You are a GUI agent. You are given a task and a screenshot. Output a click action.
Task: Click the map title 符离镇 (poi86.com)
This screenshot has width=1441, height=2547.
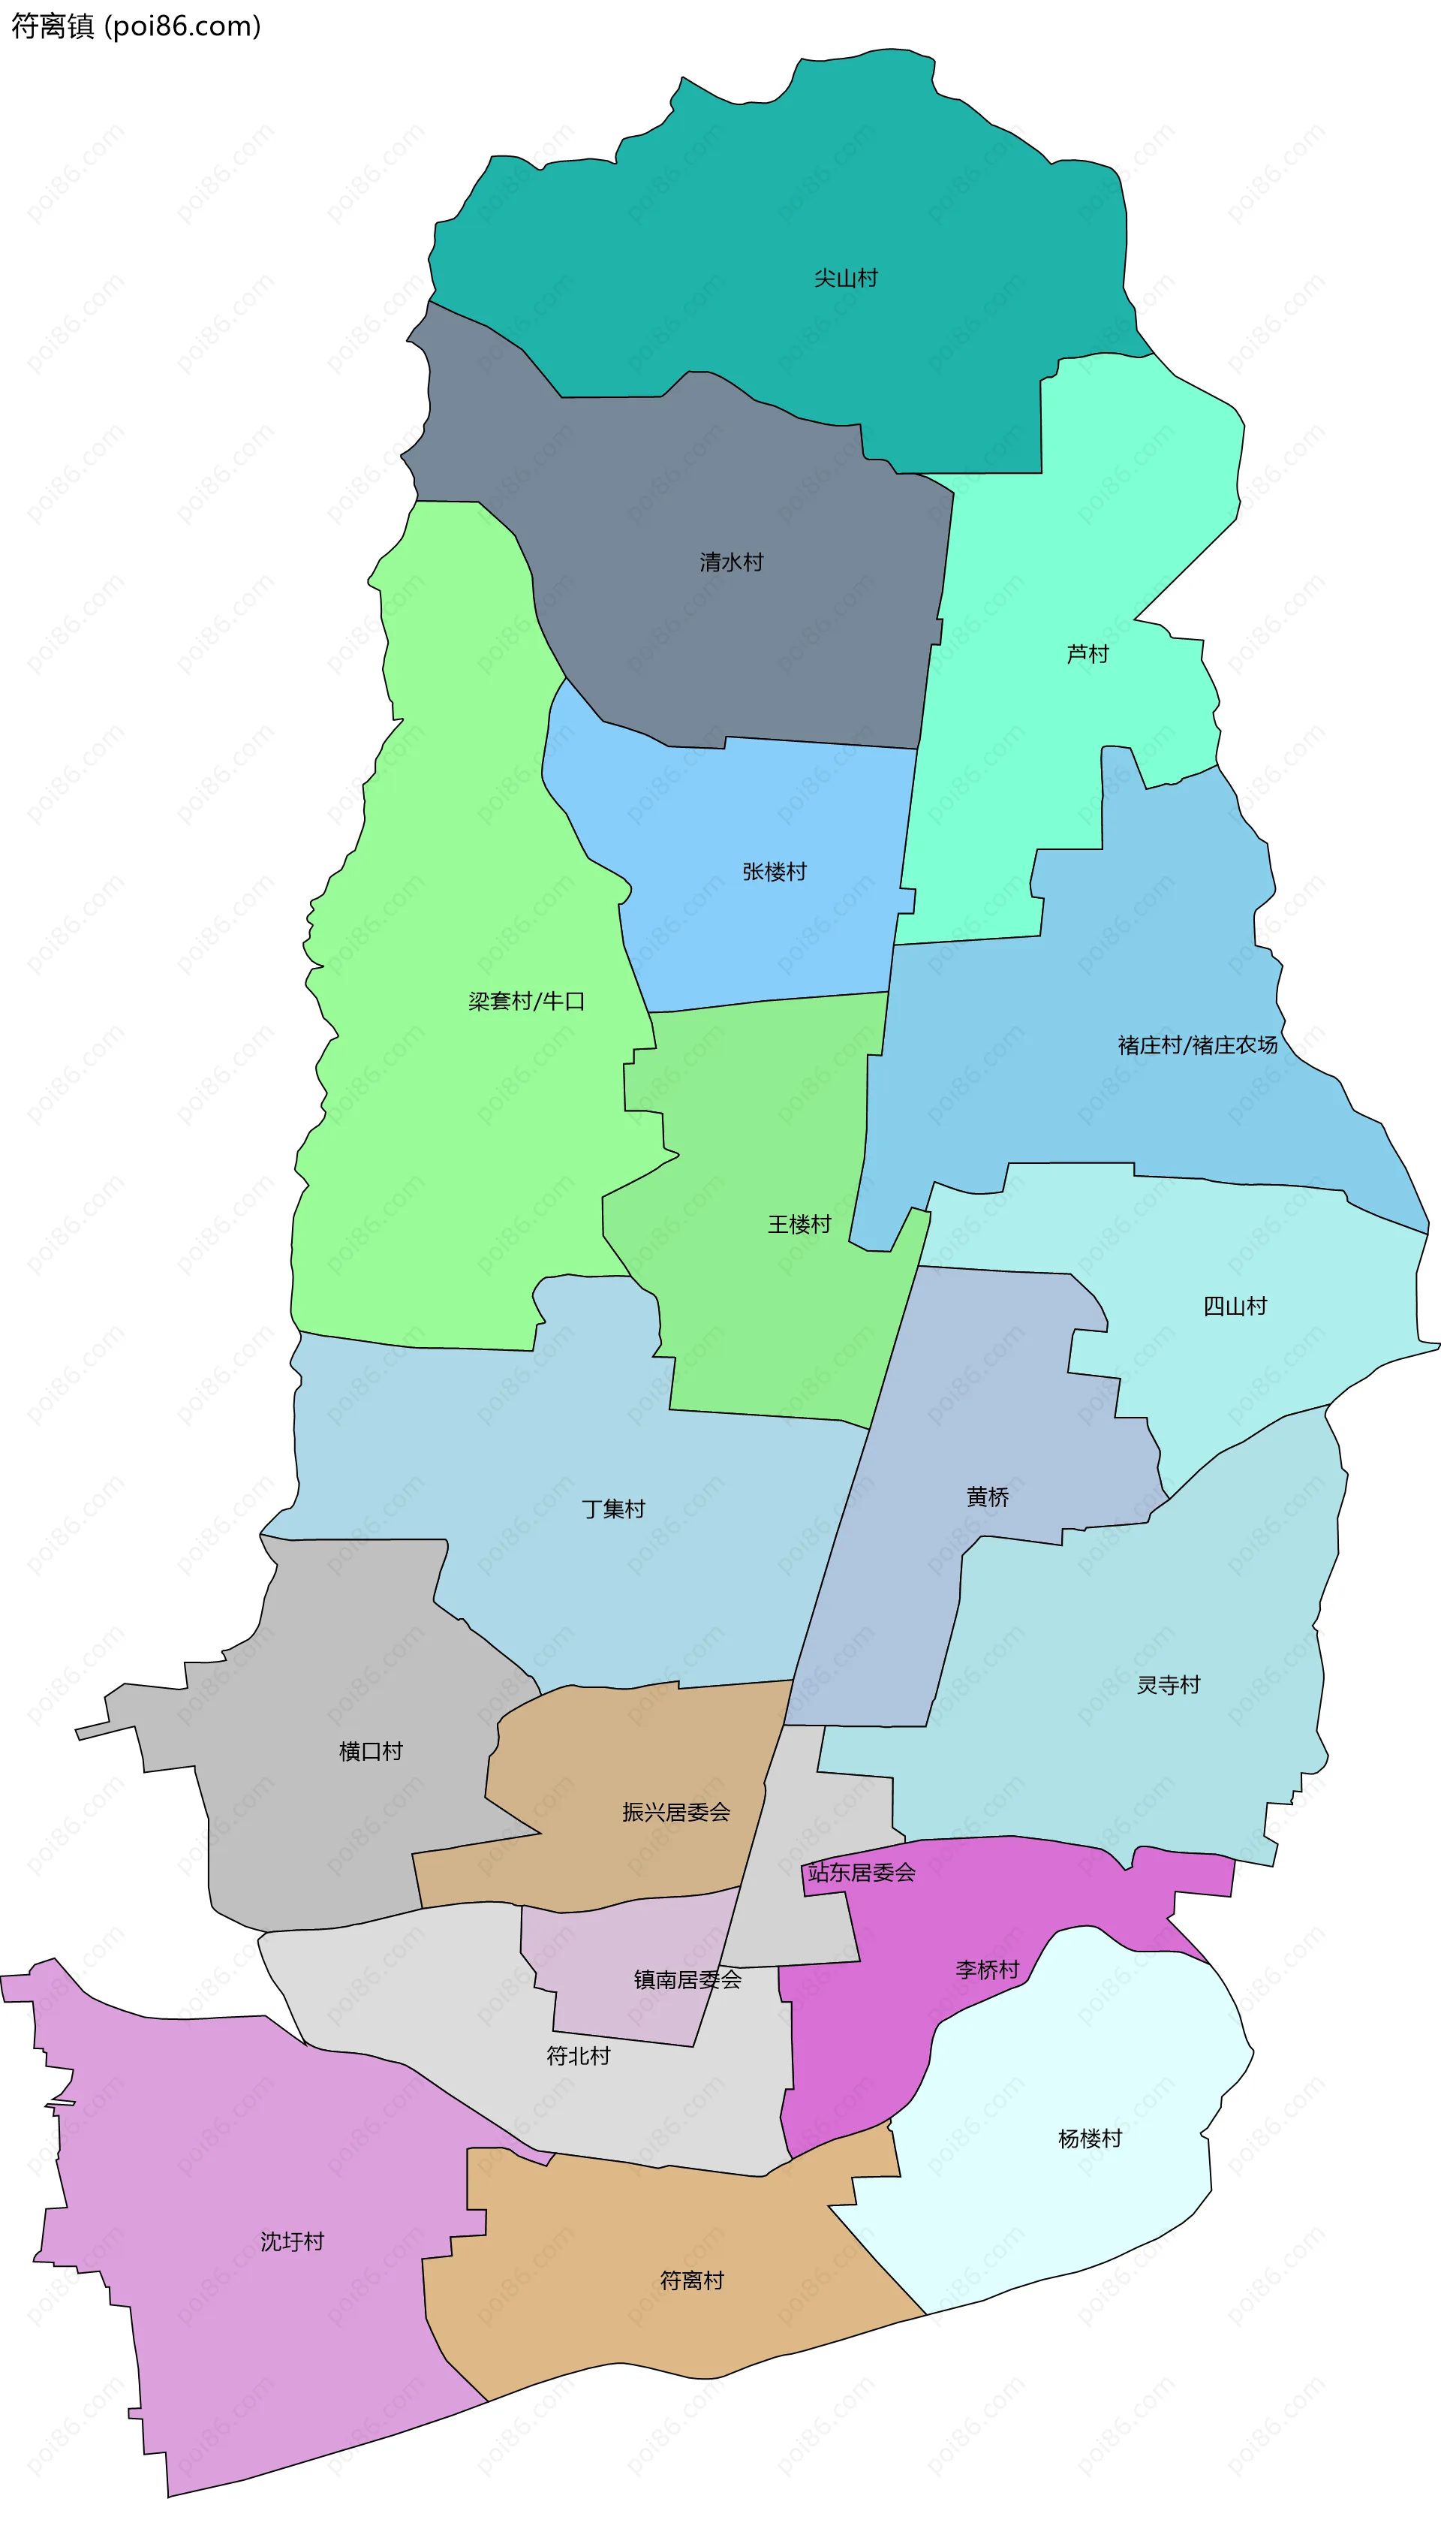136,26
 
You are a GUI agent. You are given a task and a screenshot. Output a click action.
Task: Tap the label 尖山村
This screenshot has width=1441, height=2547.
845,278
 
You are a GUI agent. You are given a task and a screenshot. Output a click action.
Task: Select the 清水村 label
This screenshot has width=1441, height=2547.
732,562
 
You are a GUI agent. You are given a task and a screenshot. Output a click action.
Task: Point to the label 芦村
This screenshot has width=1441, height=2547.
1087,653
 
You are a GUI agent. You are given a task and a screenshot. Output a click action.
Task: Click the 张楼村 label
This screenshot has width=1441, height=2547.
774,871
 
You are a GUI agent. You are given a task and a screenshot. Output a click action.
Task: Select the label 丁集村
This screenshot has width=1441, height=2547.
612,1508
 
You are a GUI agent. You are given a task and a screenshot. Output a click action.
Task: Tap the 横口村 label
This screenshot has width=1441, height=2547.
370,1750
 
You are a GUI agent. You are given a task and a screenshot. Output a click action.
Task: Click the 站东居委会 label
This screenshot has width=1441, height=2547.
861,1872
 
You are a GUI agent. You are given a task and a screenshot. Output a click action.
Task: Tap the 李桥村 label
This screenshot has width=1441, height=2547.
987,1969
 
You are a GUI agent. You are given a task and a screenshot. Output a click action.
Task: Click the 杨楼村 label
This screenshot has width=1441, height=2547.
1089,2139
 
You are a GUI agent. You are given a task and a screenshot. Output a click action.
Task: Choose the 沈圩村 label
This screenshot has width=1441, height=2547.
292,2241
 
